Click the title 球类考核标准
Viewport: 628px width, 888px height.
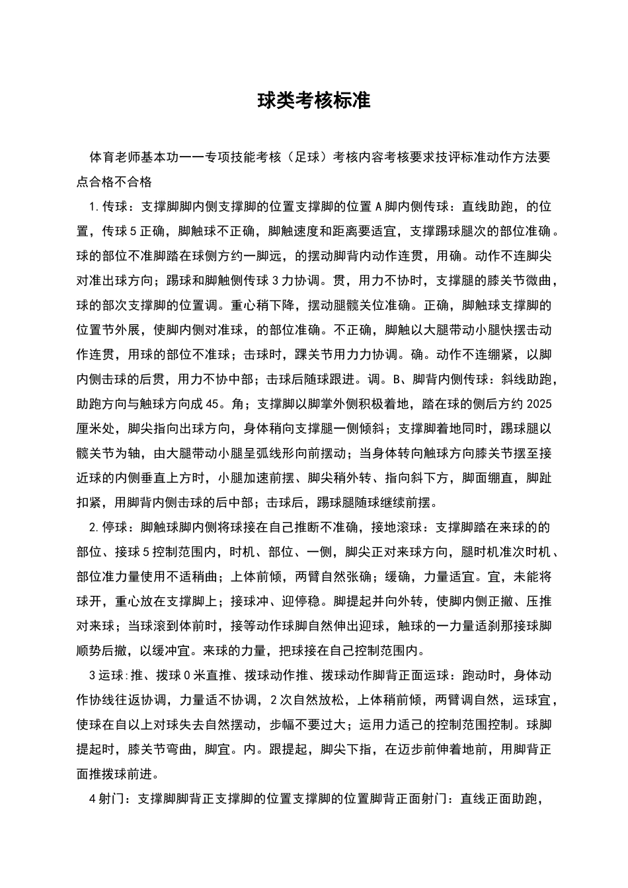313,100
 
